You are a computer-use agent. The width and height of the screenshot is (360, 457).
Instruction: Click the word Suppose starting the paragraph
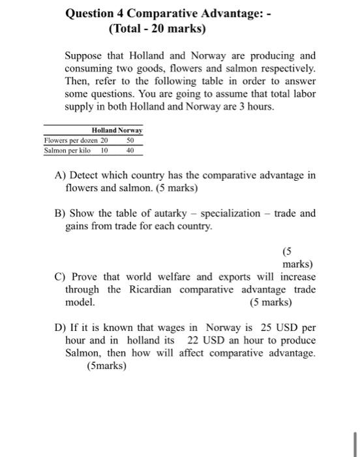click(85, 55)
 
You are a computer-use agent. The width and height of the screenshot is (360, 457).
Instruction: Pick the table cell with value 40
click(130, 150)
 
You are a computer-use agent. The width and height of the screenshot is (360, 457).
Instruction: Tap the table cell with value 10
click(104, 150)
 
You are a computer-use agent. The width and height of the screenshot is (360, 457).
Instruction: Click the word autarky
click(176, 213)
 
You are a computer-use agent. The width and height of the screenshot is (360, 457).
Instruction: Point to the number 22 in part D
click(194, 341)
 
